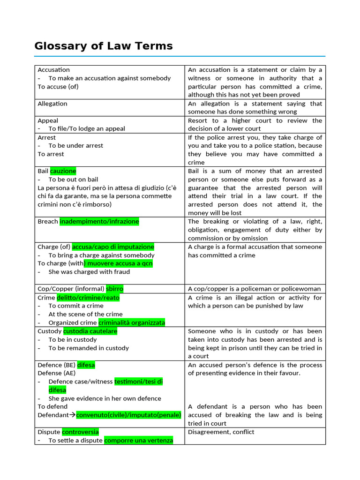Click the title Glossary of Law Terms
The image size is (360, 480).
click(x=104, y=46)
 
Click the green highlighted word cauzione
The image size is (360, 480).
click(x=63, y=171)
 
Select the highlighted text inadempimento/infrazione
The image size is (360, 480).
click(x=99, y=221)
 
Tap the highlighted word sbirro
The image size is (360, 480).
click(x=115, y=289)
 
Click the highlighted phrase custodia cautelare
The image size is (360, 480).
click(x=90, y=331)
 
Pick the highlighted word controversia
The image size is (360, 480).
click(x=80, y=432)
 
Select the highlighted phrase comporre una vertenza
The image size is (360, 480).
click(x=138, y=440)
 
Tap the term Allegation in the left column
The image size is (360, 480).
click(x=52, y=104)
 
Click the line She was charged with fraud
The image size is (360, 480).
click(x=89, y=272)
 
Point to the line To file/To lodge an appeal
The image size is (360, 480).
click(x=87, y=128)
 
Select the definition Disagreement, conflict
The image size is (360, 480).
click(x=221, y=432)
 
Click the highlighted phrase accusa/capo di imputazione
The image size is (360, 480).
click(x=113, y=247)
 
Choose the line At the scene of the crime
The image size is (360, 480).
click(x=85, y=314)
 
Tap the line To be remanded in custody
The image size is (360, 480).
click(x=88, y=348)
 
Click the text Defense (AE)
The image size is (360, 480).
click(x=56, y=373)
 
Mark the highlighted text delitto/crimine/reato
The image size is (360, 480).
click(x=88, y=297)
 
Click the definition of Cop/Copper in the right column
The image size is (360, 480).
click(x=255, y=289)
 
